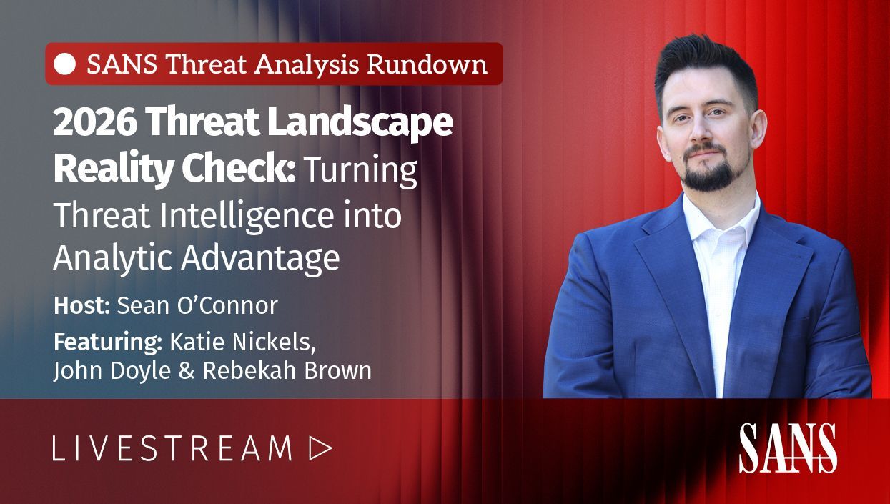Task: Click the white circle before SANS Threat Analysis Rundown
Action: (65, 64)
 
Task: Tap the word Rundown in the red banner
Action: (427, 64)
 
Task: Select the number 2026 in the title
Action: (95, 123)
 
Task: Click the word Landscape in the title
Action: (360, 124)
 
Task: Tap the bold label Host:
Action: (81, 306)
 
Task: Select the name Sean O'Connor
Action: (197, 306)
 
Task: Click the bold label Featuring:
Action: (108, 343)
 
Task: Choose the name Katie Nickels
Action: (243, 342)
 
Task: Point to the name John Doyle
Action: (112, 371)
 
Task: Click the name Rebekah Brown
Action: (287, 370)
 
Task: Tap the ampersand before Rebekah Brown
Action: (187, 371)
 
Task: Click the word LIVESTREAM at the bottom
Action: (172, 448)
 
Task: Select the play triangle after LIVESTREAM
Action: (319, 448)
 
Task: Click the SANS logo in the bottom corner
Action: (788, 448)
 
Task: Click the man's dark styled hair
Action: (704, 66)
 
